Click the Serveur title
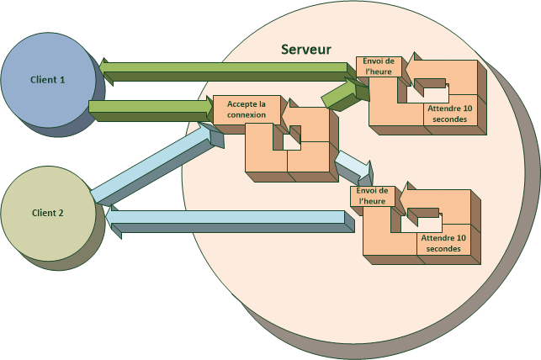pyautogui.click(x=306, y=49)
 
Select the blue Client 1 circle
pyautogui.click(x=48, y=79)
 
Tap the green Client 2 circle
pyautogui.click(x=48, y=212)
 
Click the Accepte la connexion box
pyautogui.click(x=247, y=109)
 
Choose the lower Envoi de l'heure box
pyautogui.click(x=371, y=197)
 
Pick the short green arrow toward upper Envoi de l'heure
pyautogui.click(x=341, y=93)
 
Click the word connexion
pyautogui.click(x=247, y=115)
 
